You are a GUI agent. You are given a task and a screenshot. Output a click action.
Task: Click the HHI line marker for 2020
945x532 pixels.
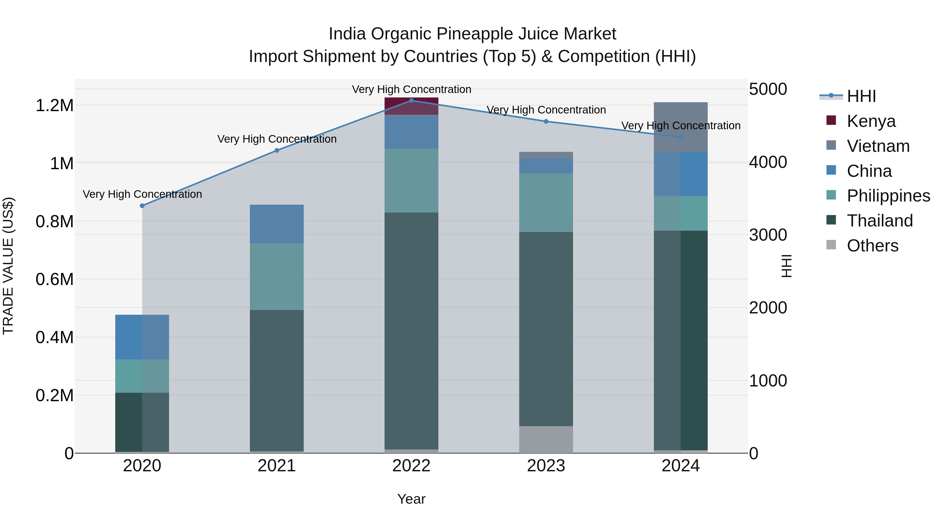pyautogui.click(x=142, y=206)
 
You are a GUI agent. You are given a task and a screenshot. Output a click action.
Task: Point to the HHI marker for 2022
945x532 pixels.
pyautogui.click(x=411, y=101)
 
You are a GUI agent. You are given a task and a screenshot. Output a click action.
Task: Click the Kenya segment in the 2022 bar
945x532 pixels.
pyautogui.click(x=411, y=106)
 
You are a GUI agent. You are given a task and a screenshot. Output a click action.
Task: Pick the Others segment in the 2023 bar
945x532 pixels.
pyautogui.click(x=546, y=440)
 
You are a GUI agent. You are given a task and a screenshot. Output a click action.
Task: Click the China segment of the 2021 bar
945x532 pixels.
pyautogui.click(x=277, y=224)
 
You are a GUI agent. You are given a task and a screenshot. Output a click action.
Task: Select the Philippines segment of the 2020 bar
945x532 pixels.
pyautogui.click(x=142, y=376)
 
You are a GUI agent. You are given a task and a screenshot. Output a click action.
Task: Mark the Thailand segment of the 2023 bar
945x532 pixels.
pyautogui.click(x=546, y=329)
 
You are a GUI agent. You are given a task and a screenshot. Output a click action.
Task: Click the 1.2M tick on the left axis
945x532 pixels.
pyautogui.click(x=54, y=106)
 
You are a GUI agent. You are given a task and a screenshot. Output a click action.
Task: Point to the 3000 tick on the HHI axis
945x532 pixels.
pyautogui.click(x=768, y=235)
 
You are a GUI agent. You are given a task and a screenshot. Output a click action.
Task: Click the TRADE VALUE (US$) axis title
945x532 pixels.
pyautogui.click(x=8, y=266)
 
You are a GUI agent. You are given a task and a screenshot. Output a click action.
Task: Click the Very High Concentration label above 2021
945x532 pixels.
pyautogui.click(x=277, y=139)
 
